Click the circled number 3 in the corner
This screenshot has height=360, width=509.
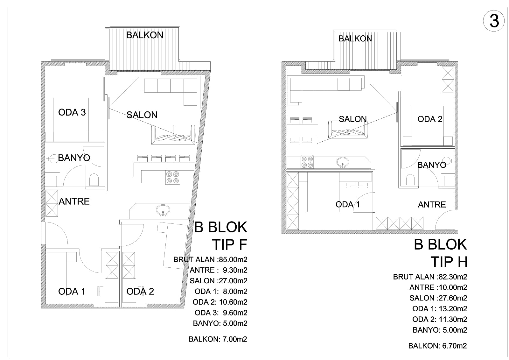493,21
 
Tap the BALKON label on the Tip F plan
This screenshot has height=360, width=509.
145,35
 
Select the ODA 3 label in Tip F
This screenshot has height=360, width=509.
72,112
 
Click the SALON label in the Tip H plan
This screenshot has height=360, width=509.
353,119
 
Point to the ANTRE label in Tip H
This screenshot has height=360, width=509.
432,205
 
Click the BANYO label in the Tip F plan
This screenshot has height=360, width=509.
74,158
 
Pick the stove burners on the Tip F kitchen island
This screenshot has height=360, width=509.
173,178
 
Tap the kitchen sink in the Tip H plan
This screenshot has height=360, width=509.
343,162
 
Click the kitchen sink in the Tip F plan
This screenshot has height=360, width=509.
163,210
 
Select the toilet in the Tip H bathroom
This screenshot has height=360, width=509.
410,180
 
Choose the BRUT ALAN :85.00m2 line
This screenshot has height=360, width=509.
210,259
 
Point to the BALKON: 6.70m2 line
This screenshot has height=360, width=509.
437,346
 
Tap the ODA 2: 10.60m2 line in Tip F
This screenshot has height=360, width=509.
220,302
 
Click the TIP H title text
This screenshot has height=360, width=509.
449,262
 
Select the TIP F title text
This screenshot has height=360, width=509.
229,244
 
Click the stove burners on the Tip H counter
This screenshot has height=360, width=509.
307,162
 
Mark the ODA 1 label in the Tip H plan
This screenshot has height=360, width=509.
348,204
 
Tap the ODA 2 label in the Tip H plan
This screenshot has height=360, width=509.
430,119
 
